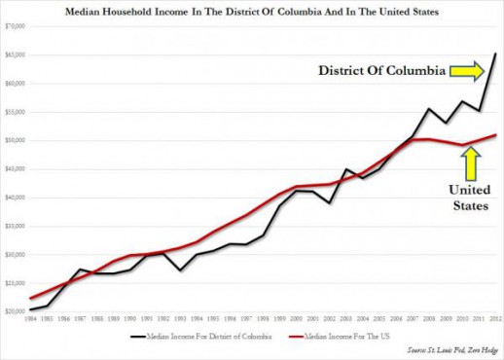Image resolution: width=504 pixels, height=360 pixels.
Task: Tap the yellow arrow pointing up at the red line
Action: coord(471,159)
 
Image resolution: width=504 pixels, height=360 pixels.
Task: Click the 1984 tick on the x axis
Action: coord(31,319)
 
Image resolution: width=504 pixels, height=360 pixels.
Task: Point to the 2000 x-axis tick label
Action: coord(296,319)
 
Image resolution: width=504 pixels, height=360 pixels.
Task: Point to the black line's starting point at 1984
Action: coord(31,309)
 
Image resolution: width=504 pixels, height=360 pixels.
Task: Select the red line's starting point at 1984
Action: coord(31,298)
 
